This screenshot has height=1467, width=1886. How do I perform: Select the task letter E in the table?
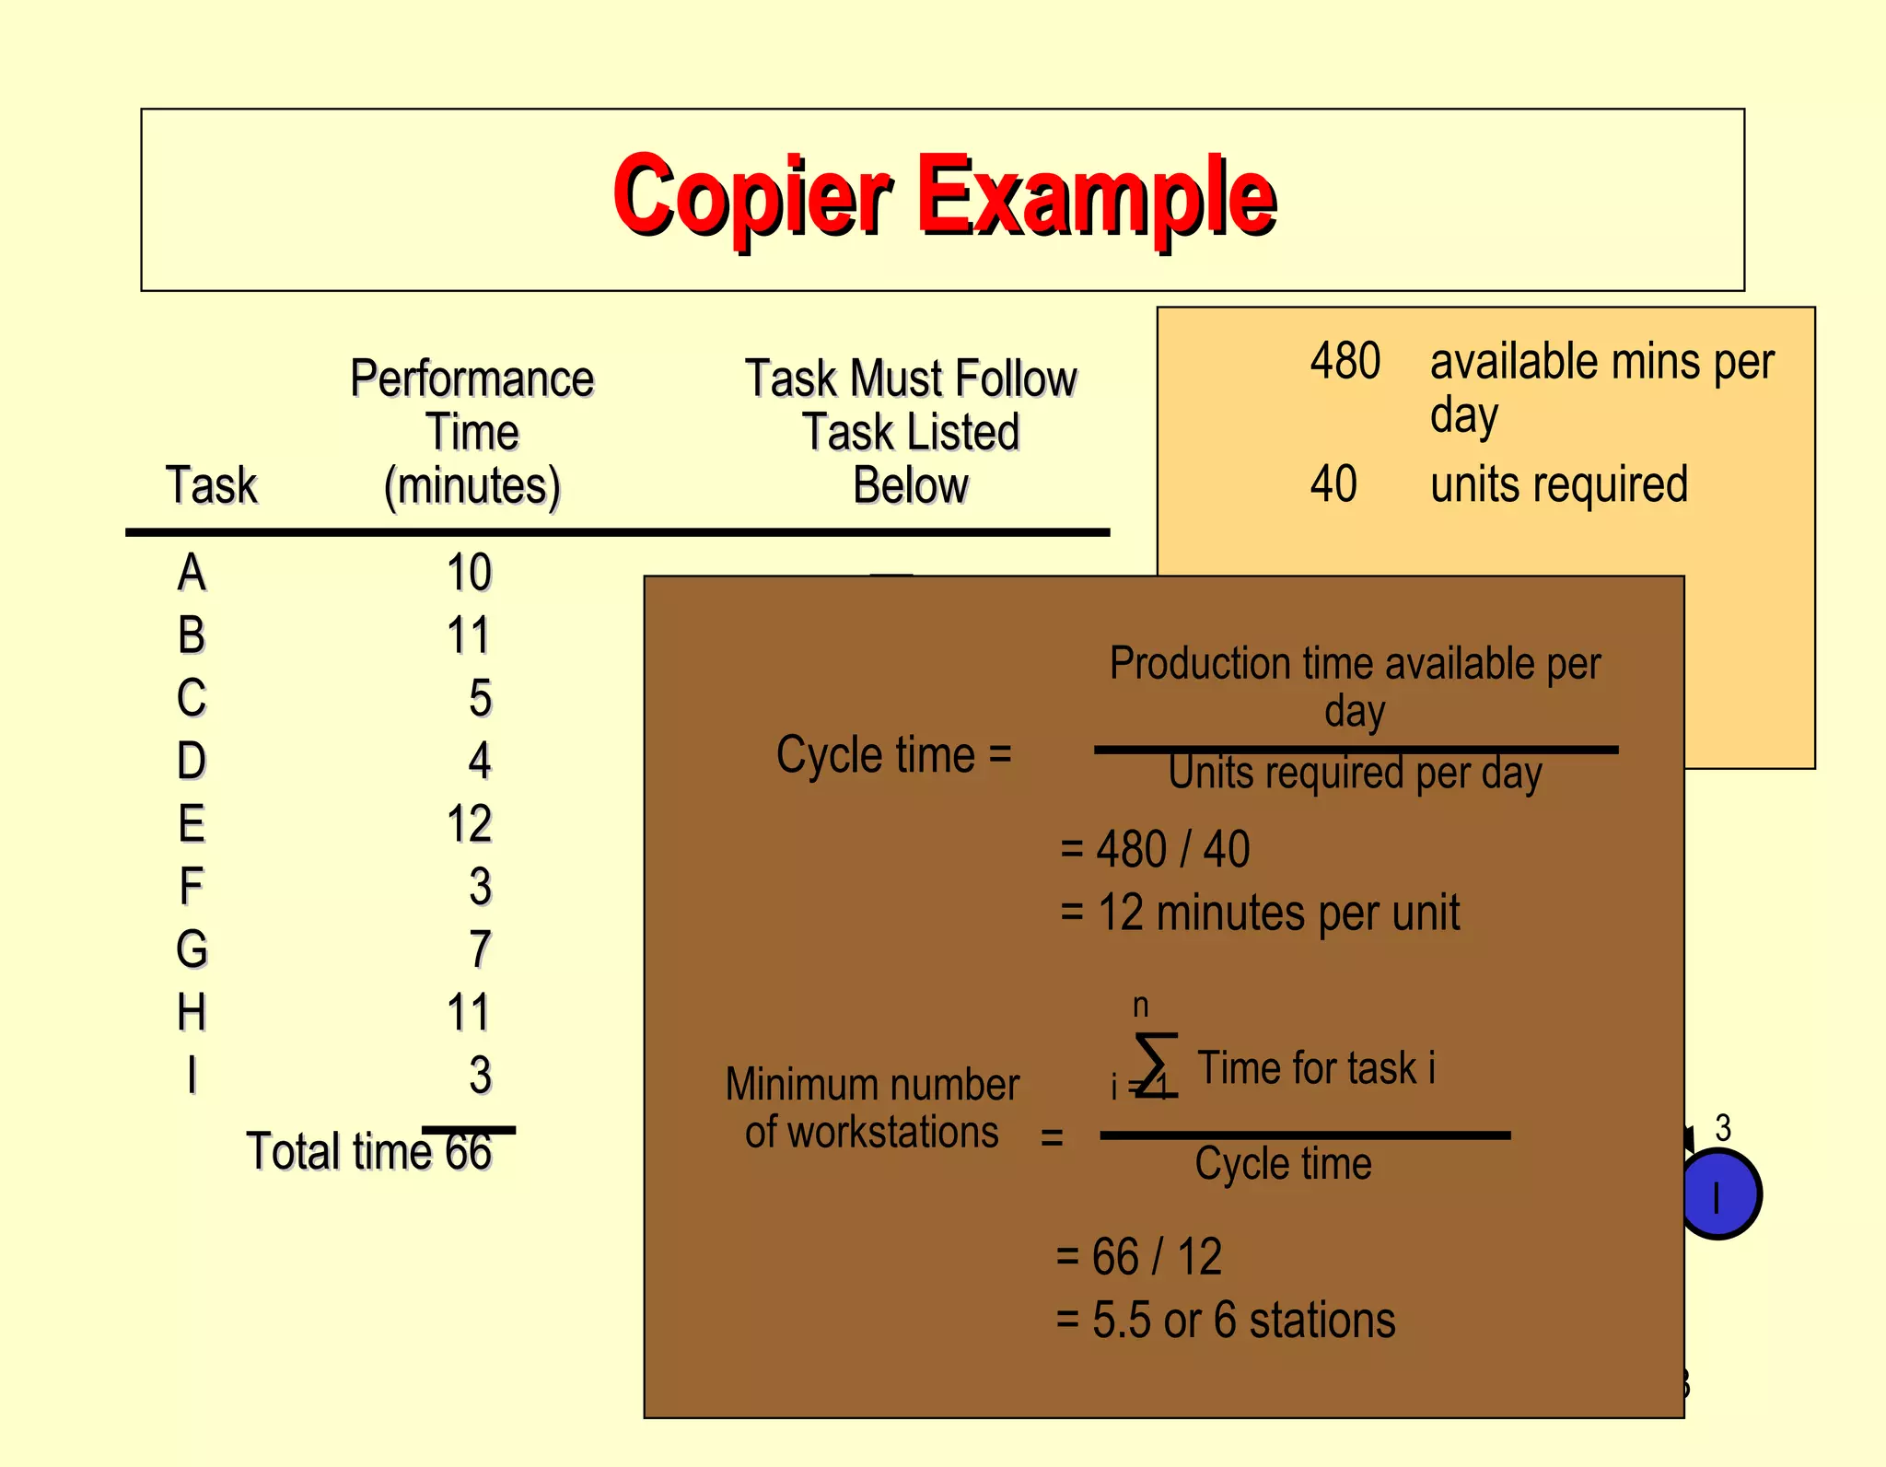click(192, 823)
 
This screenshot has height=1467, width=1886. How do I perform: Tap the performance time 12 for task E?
click(469, 823)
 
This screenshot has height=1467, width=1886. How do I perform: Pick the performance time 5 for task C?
click(480, 698)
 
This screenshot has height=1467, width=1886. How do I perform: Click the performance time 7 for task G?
click(480, 949)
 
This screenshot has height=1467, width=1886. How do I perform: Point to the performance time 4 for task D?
click(480, 761)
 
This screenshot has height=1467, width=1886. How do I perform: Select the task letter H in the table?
click(192, 1012)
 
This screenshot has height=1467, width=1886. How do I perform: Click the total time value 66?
click(469, 1152)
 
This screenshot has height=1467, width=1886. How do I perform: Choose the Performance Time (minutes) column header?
click(472, 431)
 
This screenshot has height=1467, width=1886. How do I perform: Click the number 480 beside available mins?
click(1345, 361)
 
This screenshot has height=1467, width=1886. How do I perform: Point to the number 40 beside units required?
click(1333, 484)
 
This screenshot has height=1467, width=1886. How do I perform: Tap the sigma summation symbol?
click(1156, 1065)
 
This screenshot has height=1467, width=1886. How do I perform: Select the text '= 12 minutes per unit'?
click(1260, 914)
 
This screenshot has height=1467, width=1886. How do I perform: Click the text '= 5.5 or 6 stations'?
click(1225, 1320)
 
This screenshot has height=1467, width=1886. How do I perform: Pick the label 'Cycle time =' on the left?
click(893, 755)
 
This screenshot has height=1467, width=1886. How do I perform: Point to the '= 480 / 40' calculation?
click(1155, 849)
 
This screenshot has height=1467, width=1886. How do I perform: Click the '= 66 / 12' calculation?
click(1139, 1257)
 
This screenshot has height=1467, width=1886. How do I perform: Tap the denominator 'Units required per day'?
click(1355, 774)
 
